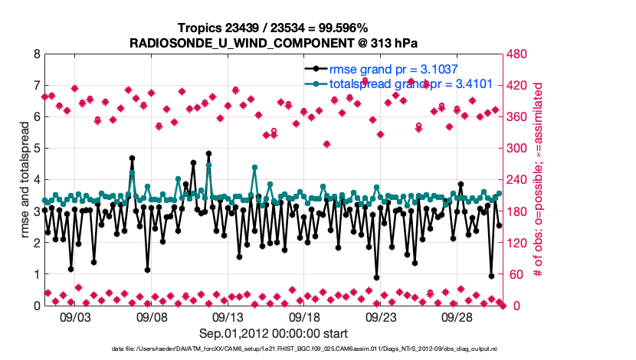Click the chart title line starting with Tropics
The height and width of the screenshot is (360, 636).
coord(273,28)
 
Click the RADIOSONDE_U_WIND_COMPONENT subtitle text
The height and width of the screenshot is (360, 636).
coord(273,42)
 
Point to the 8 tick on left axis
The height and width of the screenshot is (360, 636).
coord(36,54)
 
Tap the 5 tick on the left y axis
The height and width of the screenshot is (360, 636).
coord(36,149)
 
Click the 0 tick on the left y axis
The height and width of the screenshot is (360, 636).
coord(36,306)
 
